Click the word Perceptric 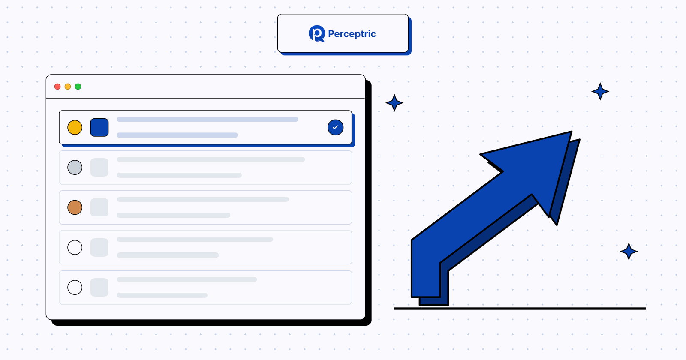(352, 34)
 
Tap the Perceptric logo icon (317, 33)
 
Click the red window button (57, 87)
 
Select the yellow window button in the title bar (68, 87)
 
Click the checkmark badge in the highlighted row (335, 127)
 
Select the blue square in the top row (99, 127)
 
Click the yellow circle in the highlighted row (75, 127)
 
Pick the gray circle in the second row (75, 168)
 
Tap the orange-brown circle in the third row (75, 207)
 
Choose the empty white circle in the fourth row (75, 247)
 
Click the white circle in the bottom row (75, 288)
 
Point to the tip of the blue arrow (572, 132)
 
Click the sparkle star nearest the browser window (394, 103)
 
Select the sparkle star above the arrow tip (600, 91)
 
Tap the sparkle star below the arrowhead (629, 251)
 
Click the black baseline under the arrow (520, 309)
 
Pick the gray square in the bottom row (99, 288)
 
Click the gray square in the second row (99, 168)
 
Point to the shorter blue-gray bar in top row (177, 135)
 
